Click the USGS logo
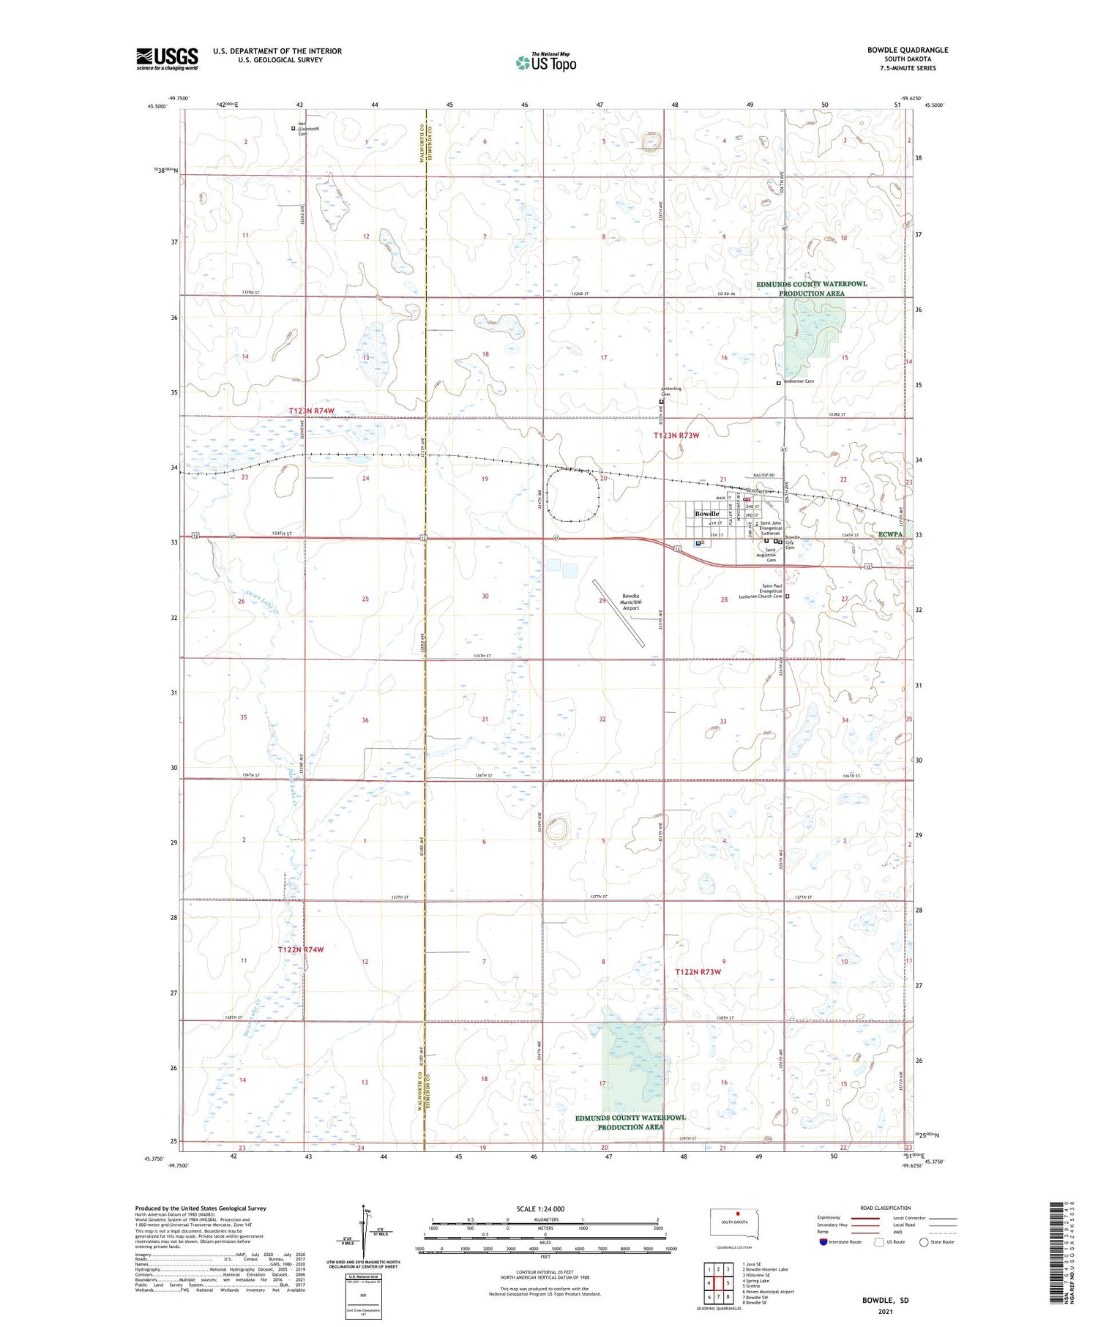pyautogui.click(x=167, y=59)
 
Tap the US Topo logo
pyautogui.click(x=545, y=62)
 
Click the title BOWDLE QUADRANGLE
pyautogui.click(x=907, y=50)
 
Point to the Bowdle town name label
pyautogui.click(x=706, y=514)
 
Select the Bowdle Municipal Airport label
pyautogui.click(x=631, y=602)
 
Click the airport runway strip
pyautogui.click(x=619, y=613)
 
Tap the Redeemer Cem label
pyautogui.click(x=799, y=381)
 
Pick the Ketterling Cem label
pyautogui.click(x=671, y=392)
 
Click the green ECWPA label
pyautogui.click(x=890, y=535)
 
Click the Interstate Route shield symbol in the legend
pyautogui.click(x=824, y=1242)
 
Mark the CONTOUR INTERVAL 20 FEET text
pyautogui.click(x=543, y=1273)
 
